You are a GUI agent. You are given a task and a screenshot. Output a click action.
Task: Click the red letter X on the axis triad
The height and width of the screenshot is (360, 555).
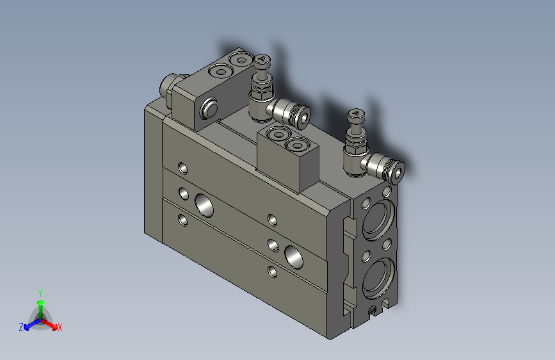[60, 328]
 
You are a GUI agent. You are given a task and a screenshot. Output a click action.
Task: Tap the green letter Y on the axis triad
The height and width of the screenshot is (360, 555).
[40, 291]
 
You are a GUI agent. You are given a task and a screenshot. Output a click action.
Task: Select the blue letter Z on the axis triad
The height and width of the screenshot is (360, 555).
[21, 327]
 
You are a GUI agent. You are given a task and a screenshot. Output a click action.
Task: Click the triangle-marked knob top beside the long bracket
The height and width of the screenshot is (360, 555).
[262, 61]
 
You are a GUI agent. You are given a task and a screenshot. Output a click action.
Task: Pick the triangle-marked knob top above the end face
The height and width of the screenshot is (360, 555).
[354, 115]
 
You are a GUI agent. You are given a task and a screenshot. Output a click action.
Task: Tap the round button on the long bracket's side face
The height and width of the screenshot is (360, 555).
[209, 110]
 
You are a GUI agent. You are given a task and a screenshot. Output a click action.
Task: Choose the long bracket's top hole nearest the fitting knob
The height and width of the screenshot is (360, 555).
[241, 61]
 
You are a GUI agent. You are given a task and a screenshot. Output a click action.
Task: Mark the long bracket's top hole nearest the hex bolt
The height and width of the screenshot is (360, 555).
[221, 72]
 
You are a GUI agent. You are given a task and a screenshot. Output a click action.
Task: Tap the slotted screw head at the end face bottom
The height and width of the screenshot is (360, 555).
[373, 310]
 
